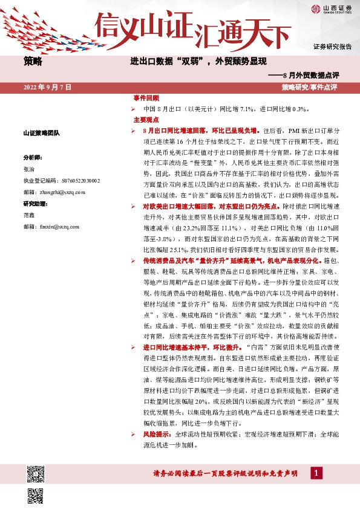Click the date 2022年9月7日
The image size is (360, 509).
point(47,88)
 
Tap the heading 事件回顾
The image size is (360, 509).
point(146,99)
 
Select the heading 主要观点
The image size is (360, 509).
point(145,120)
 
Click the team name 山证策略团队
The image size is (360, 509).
point(41,133)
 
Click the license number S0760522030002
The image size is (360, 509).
point(78,181)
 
